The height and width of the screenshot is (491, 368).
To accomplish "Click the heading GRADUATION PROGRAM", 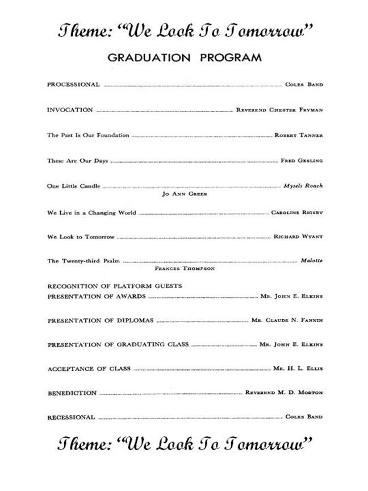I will (x=185, y=57).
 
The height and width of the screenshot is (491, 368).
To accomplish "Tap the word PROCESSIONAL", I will (x=73, y=85).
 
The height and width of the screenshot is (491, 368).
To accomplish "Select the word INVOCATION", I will (x=70, y=110).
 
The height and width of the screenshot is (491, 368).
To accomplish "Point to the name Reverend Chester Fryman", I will (x=279, y=110).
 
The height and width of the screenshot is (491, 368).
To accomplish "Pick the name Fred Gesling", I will (x=302, y=161).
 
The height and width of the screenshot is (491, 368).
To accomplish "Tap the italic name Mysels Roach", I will (x=303, y=186).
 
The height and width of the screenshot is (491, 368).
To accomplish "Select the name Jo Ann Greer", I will (x=185, y=194).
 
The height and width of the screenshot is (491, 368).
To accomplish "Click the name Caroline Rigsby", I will (x=297, y=213).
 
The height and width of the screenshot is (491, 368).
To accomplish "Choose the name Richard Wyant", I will (x=298, y=236).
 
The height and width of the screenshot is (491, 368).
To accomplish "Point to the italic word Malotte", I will (x=312, y=260).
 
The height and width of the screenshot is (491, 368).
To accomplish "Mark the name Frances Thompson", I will (x=185, y=268).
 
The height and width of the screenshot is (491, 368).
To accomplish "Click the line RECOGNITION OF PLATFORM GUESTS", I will (x=114, y=286).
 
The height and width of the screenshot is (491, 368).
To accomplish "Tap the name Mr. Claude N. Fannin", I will (x=287, y=320).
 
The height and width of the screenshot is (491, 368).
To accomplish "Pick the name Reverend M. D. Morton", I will (x=284, y=393).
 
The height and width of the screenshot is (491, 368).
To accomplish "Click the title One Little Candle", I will (x=74, y=186).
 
